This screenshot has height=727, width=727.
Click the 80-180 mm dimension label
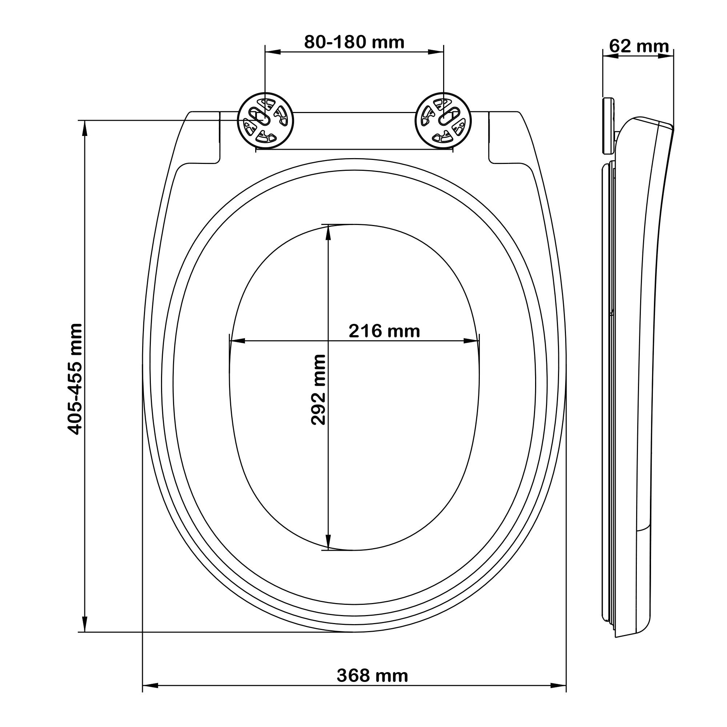click(354, 43)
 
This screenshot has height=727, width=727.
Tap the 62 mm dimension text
click(639, 46)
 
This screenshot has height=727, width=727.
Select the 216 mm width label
click(384, 331)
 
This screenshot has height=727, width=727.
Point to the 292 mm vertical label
click(318, 389)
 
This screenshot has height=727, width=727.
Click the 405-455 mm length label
click(75, 379)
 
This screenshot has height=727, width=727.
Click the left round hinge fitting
click(265, 120)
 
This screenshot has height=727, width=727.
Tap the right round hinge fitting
click(443, 120)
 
